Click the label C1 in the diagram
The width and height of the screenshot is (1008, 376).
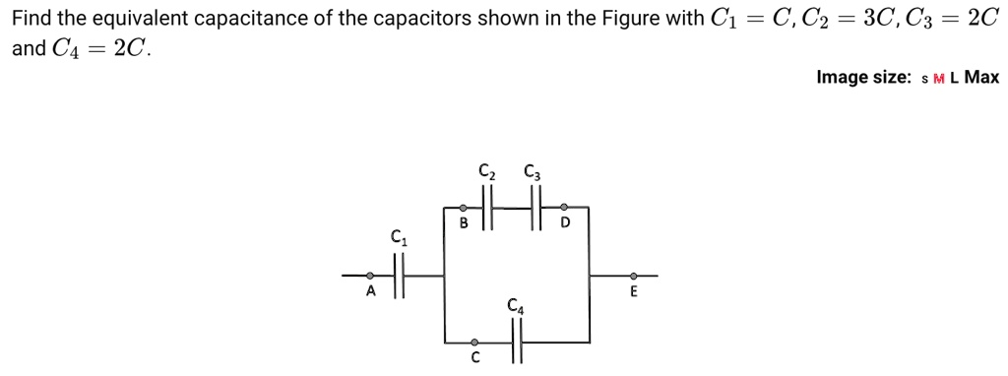pos(399,236)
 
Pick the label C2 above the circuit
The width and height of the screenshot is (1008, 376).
pos(486,168)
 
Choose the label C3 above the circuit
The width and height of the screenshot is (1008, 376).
pos(534,168)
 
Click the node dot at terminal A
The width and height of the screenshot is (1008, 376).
pos(370,276)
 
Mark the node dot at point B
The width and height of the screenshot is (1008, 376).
pos(464,208)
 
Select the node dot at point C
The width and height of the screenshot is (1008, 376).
pos(473,343)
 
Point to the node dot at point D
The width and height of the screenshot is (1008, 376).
pos(563,208)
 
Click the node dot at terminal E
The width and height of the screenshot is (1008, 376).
pos(633,276)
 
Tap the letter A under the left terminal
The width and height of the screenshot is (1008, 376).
pos(371,291)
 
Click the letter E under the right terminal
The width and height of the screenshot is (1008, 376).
pos(633,291)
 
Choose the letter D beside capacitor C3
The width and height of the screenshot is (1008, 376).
pos(565,222)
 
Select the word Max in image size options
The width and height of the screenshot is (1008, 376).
pos(981,77)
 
